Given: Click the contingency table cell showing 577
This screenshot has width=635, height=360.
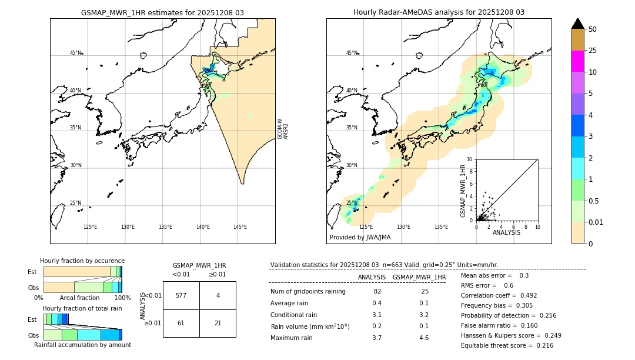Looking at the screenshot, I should (x=181, y=295).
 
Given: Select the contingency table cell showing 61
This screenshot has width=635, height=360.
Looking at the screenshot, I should (x=181, y=323).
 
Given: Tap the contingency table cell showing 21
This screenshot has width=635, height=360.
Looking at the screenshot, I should (x=218, y=323).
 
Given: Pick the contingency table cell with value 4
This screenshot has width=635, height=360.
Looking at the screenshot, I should (x=218, y=295).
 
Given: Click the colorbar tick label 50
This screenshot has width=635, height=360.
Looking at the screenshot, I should (x=593, y=29).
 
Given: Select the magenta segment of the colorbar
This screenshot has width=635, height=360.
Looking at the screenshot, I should (x=577, y=61).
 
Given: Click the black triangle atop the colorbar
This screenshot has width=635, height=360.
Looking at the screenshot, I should (x=577, y=24).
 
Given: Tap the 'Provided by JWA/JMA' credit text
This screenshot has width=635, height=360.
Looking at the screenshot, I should (x=360, y=237).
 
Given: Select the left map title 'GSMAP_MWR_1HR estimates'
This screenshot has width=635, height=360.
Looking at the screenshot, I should (x=162, y=12).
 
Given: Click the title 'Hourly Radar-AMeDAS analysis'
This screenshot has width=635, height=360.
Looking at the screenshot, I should (x=439, y=12).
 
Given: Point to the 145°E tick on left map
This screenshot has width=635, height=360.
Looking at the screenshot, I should (x=240, y=227).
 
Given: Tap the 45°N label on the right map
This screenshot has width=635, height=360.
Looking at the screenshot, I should (x=352, y=53).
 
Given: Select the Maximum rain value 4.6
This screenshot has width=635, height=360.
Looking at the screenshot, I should (x=423, y=338).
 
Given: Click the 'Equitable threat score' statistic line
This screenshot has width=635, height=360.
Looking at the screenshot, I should (x=507, y=345).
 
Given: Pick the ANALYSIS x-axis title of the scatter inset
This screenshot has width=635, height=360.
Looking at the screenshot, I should (x=506, y=232).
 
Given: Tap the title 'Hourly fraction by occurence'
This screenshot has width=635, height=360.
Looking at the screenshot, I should (x=82, y=261).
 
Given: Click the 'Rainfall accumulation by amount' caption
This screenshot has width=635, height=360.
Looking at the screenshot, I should (x=82, y=345).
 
